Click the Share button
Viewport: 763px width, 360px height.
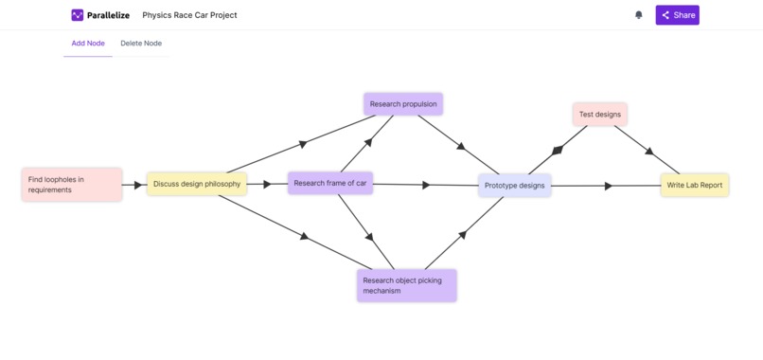coord(677,15)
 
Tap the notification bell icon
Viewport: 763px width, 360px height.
coord(638,15)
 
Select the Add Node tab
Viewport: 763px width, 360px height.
coord(88,44)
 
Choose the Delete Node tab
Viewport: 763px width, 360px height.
coord(141,44)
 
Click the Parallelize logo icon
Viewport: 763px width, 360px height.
coord(78,15)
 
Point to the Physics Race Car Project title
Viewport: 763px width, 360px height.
coord(189,15)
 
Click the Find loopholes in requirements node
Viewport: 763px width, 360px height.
coord(72,185)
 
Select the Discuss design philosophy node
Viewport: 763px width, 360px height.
coord(197,184)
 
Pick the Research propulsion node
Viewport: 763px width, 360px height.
coord(403,104)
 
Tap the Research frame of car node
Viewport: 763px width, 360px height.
coord(330,183)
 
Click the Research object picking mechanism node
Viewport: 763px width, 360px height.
coord(407,285)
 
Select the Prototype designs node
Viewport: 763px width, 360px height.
coord(515,186)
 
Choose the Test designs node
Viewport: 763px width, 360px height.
coord(600,115)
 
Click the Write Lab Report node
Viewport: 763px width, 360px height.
coord(695,185)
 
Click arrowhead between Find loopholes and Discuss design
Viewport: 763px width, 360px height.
coord(138,185)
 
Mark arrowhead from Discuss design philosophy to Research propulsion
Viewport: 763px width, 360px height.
coord(303,144)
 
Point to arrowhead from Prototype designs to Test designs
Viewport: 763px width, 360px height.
coord(558,150)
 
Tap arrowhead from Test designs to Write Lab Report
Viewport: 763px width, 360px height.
coord(648,151)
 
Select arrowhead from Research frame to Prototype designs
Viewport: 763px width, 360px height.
coord(426,185)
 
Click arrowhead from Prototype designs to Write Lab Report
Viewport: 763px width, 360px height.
coord(609,186)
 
